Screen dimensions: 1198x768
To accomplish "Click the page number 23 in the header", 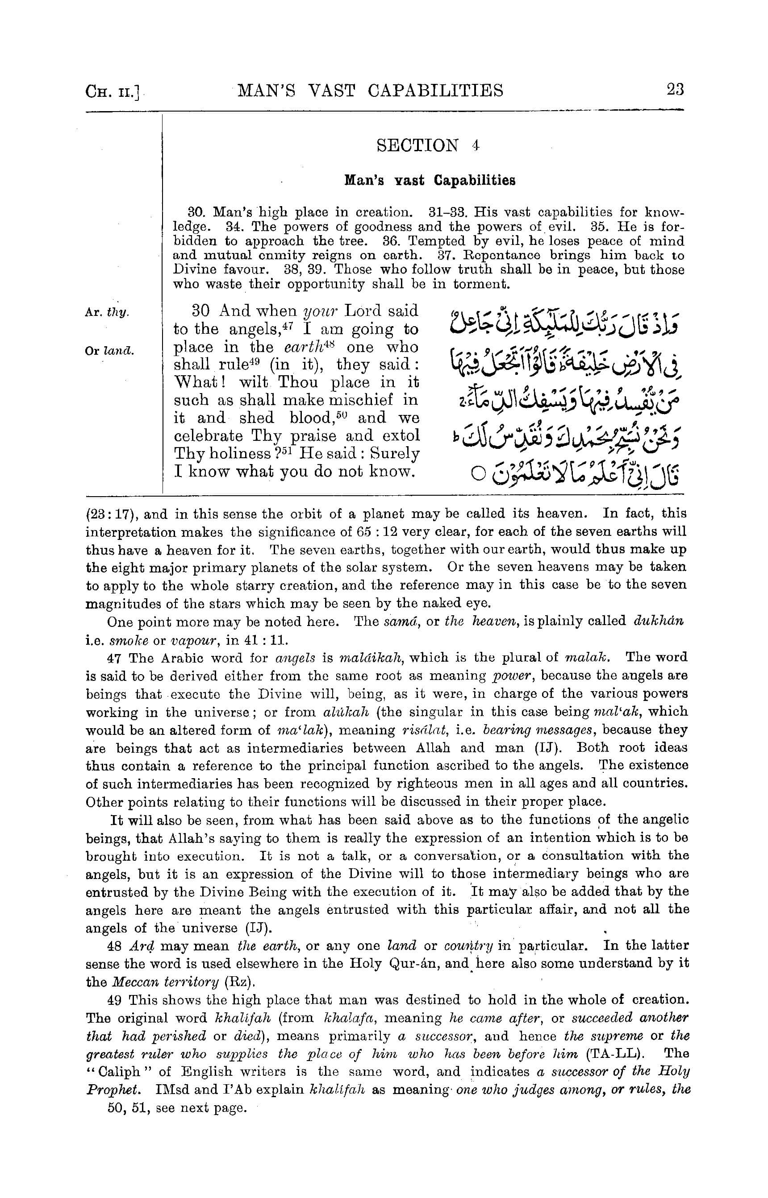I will (675, 90).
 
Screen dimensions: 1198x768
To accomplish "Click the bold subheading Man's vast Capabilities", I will (430, 180).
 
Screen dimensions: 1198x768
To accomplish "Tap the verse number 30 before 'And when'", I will (200, 311).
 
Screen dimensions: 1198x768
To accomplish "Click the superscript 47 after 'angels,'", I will (287, 325).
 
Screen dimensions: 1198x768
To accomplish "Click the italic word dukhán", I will (658, 621).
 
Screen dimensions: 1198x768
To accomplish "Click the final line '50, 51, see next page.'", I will (176, 1108).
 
